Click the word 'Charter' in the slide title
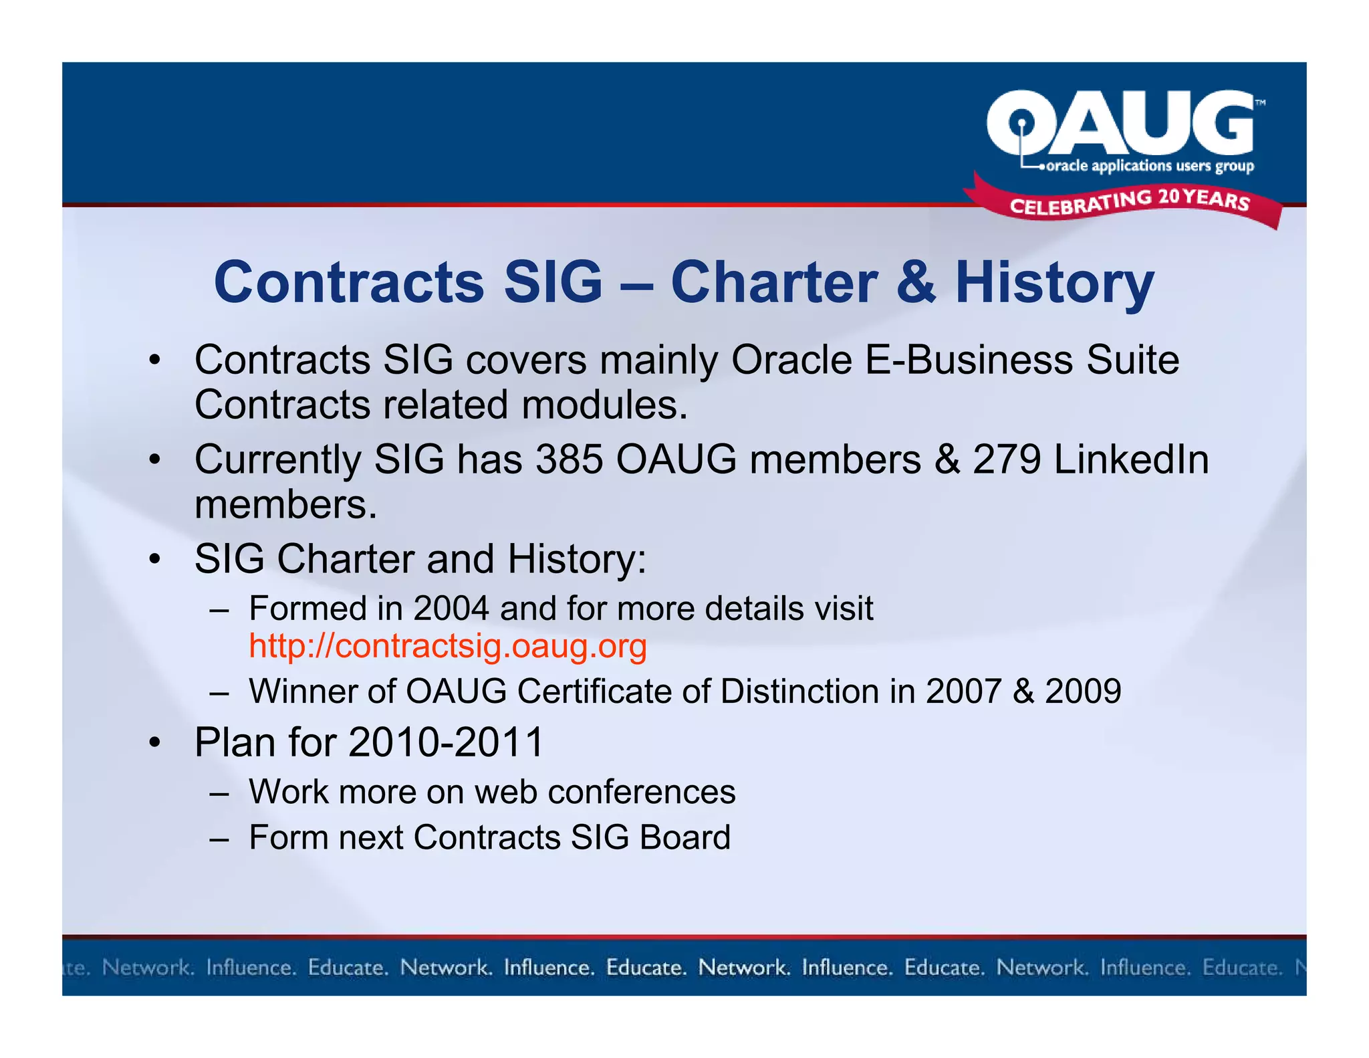click(773, 282)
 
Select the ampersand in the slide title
click(916, 282)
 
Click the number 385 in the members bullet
click(569, 460)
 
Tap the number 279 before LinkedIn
click(1006, 460)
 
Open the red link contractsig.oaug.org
click(448, 646)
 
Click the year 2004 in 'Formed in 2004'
click(451, 609)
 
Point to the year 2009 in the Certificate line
click(1083, 691)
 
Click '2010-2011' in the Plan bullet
click(446, 742)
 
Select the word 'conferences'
click(642, 792)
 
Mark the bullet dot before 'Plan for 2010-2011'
click(155, 742)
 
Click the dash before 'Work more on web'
click(219, 793)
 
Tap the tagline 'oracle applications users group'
click(1150, 166)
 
